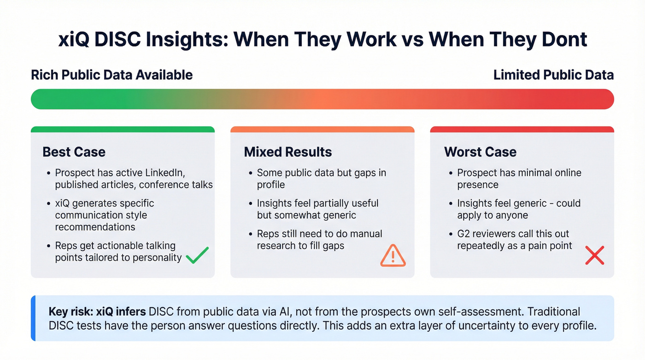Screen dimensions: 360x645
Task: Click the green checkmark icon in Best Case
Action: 197,255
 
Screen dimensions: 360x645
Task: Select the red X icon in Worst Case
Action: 594,255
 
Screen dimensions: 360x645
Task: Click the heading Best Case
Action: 74,152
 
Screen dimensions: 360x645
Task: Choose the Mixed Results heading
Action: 288,152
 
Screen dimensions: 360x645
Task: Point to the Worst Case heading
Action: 480,152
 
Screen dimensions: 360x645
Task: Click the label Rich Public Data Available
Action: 112,75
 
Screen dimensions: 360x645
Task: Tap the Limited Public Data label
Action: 553,75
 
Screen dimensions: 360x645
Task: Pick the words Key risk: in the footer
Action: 68,312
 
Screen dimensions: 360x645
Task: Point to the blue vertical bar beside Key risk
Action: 33,319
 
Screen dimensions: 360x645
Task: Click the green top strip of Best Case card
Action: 123,130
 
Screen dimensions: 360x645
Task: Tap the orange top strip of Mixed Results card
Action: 322,130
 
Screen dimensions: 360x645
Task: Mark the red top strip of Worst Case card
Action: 522,130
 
